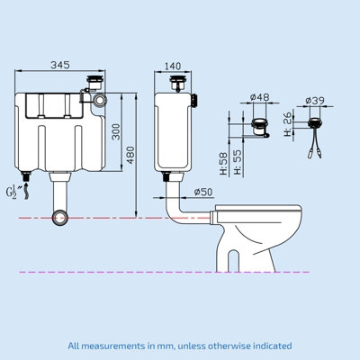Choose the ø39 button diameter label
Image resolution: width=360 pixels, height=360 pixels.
[315, 101]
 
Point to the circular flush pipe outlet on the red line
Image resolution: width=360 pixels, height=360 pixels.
[61, 217]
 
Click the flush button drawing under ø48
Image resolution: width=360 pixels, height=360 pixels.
[260, 126]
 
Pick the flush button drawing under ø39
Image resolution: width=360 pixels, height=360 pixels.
[316, 121]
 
